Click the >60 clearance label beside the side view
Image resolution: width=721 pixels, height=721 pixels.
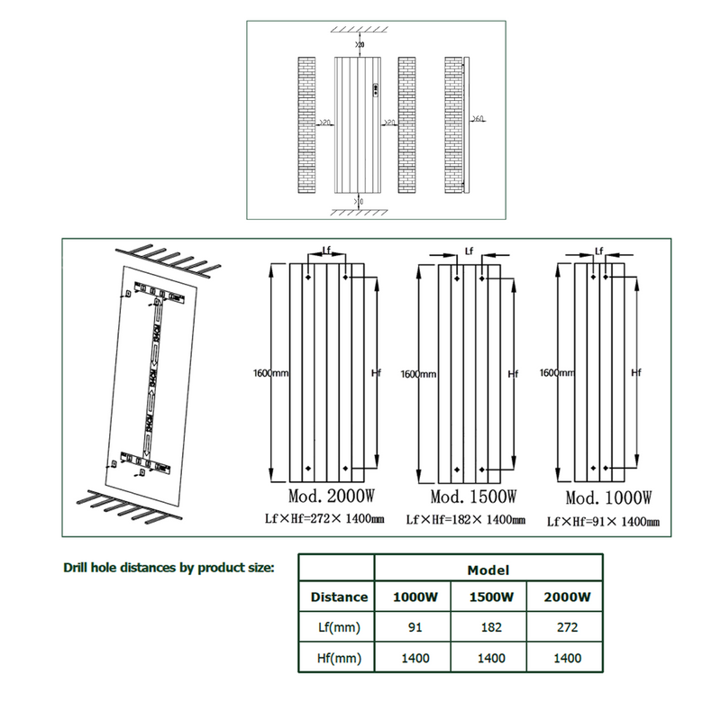click(479, 119)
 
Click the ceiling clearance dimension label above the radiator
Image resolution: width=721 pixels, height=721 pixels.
click(360, 43)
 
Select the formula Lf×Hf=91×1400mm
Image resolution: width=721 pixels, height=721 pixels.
click(604, 522)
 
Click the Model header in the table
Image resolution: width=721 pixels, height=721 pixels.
click(489, 570)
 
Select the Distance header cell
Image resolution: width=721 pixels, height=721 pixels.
click(339, 597)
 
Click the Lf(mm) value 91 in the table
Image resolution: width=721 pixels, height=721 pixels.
click(415, 627)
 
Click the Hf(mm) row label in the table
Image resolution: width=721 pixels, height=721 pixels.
click(339, 658)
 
